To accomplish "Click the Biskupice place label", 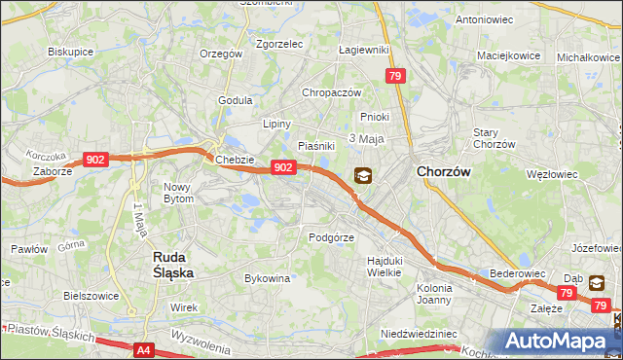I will (x=69, y=52).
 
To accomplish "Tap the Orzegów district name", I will (x=220, y=54).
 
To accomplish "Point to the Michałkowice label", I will (x=588, y=57).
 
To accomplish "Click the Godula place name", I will (x=236, y=100).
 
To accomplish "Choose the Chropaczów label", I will (x=332, y=92).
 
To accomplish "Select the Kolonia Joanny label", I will (x=434, y=294).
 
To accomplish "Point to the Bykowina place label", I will (x=268, y=278).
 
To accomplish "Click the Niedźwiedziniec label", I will (x=420, y=333).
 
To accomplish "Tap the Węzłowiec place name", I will (x=552, y=174).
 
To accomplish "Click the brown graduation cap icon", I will (x=362, y=176).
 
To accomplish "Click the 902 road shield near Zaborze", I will (x=95, y=160).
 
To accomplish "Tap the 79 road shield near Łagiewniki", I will (x=394, y=76).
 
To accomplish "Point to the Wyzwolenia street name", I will (x=199, y=340).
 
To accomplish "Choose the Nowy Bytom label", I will (x=178, y=193).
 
